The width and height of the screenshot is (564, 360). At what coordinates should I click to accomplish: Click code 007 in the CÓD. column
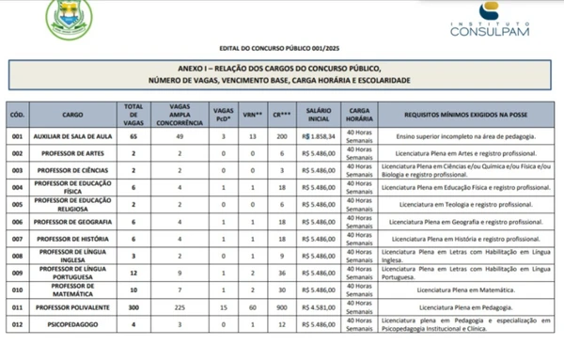[16, 239]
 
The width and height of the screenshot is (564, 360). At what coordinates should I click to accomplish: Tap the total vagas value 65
[133, 136]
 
